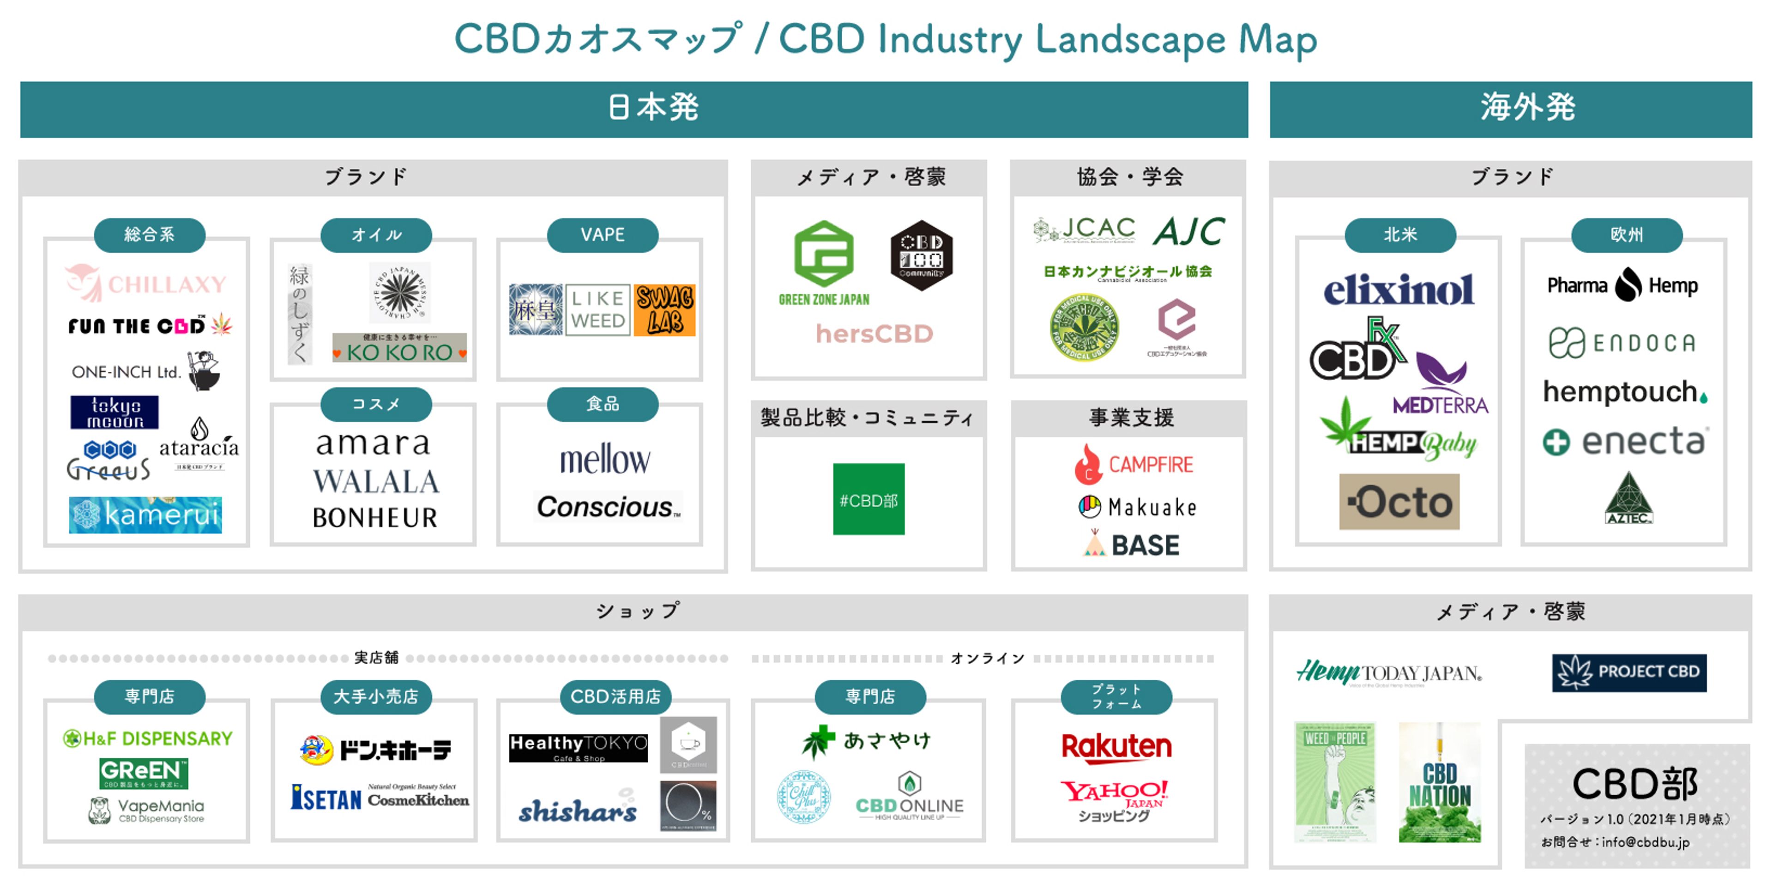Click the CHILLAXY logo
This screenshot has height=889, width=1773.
tap(146, 283)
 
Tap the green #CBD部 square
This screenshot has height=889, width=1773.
tap(868, 499)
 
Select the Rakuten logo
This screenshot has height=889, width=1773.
tap(1116, 746)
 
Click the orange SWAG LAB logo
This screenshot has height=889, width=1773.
tap(664, 310)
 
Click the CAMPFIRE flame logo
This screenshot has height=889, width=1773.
tap(1088, 464)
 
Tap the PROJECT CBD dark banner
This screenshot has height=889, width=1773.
tap(1628, 672)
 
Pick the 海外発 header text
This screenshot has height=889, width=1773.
tap(1527, 108)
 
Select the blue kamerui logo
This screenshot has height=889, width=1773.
tap(145, 514)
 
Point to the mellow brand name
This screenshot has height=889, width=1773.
tap(604, 460)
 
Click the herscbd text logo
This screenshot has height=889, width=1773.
tap(874, 334)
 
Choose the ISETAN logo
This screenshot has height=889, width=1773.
tap(326, 798)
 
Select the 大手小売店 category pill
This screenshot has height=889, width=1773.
tap(376, 697)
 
